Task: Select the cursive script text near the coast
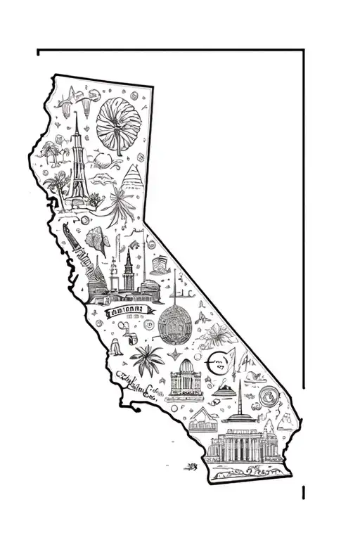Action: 138,383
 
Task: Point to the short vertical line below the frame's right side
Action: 304,491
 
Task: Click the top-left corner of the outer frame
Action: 38,51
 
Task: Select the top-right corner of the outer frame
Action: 304,51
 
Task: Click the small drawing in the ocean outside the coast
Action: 190,465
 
